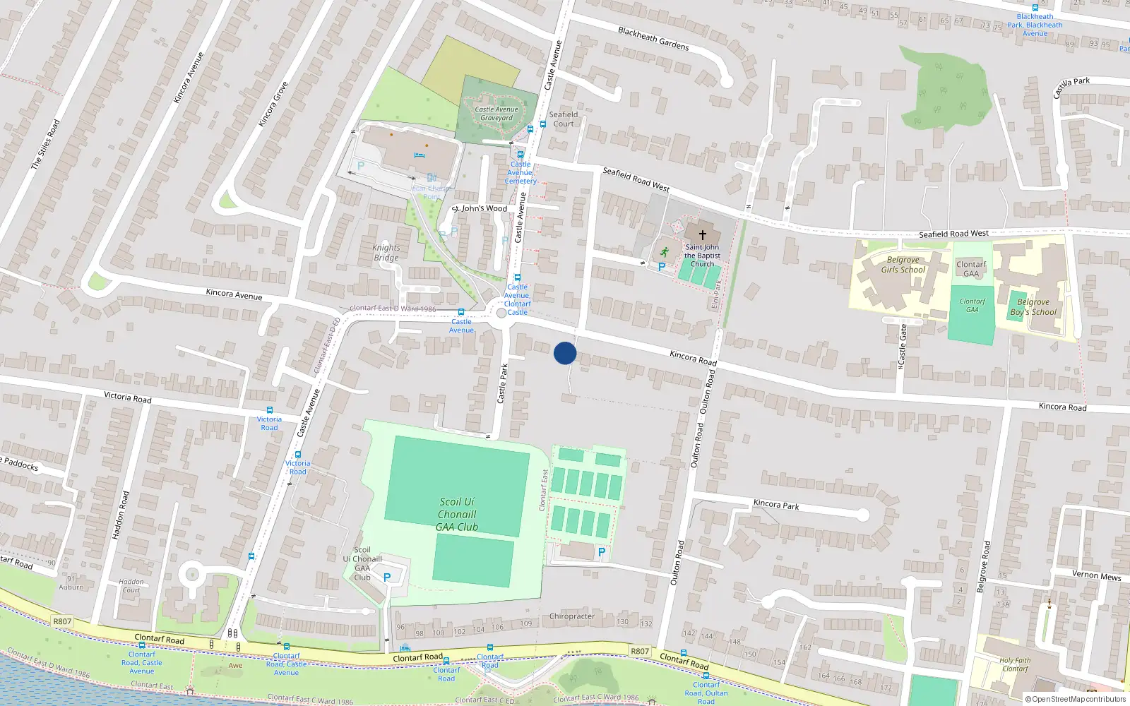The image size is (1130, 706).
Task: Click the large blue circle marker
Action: click(565, 353)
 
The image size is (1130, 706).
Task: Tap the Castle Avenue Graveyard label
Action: click(496, 114)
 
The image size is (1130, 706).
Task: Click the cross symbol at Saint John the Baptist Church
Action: click(703, 234)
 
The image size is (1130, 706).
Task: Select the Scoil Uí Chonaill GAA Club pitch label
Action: click(457, 515)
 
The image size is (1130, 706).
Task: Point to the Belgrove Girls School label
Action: click(903, 265)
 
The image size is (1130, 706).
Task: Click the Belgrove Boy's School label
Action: click(1033, 307)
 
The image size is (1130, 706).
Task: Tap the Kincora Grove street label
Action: click(273, 104)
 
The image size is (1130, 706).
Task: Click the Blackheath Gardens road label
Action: click(653, 39)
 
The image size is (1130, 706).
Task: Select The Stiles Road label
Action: click(45, 144)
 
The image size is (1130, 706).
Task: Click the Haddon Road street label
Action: click(121, 515)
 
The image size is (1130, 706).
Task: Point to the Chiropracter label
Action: click(572, 616)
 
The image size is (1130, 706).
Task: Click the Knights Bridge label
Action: click(386, 253)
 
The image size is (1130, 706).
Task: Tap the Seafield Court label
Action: click(564, 119)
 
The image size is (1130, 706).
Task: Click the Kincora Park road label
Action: click(776, 505)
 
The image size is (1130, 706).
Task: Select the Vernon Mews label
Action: click(1096, 575)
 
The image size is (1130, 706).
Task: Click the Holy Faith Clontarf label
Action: click(1015, 664)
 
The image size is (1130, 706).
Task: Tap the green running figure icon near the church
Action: click(664, 251)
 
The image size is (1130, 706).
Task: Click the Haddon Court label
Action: click(131, 586)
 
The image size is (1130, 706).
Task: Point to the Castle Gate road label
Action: click(902, 346)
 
